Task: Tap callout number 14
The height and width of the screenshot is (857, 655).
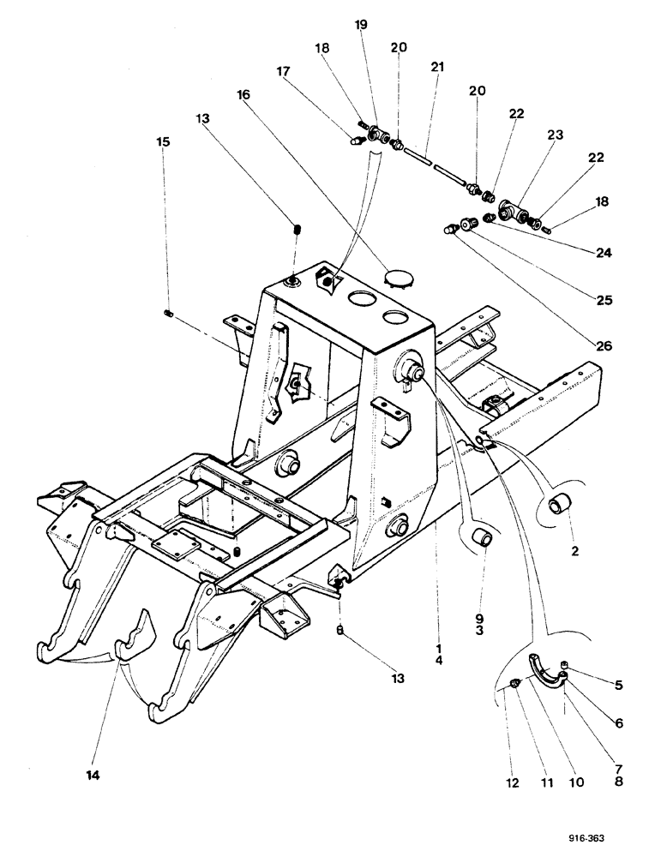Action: [x=93, y=776]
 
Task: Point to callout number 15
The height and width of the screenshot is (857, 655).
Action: [x=163, y=139]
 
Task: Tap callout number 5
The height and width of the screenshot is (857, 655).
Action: [x=618, y=685]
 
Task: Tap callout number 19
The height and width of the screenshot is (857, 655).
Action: [x=361, y=24]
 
